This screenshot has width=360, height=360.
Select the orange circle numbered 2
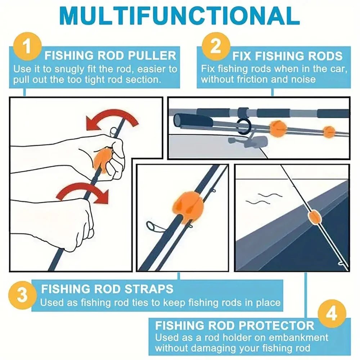tap(215, 46)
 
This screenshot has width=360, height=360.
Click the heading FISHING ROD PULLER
tap(110, 55)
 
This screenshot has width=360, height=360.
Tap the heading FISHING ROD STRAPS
tap(107, 289)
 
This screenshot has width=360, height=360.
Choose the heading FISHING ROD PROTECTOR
tap(235, 325)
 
